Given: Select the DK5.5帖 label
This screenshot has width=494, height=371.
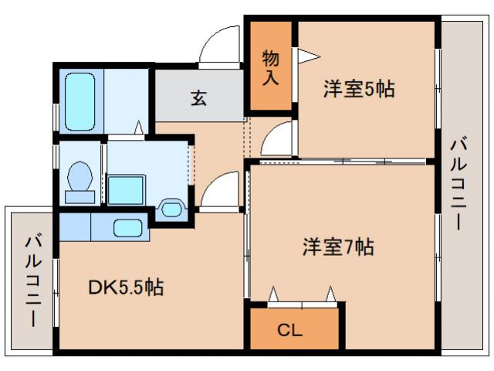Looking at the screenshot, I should (125, 288).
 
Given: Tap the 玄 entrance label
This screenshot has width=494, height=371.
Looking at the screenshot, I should (199, 98).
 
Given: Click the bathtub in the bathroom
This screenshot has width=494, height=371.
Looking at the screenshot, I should (78, 100).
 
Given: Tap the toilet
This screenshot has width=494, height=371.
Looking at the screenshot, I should (80, 180).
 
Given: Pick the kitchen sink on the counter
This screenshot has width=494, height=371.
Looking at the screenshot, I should (128, 228).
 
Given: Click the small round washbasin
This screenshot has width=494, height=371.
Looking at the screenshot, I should (171, 208).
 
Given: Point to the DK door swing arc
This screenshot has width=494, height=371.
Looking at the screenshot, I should (220, 190).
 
